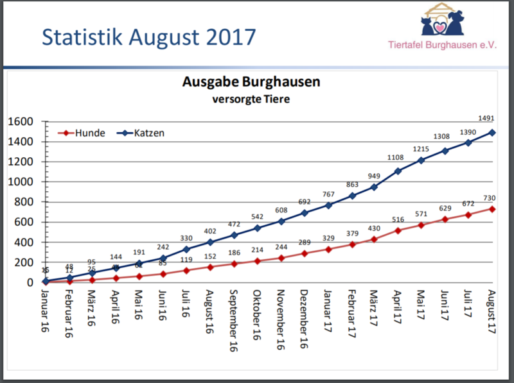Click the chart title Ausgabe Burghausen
251,83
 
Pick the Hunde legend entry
83,133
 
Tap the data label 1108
396,158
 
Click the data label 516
398,220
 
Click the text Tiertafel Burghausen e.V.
443,46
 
